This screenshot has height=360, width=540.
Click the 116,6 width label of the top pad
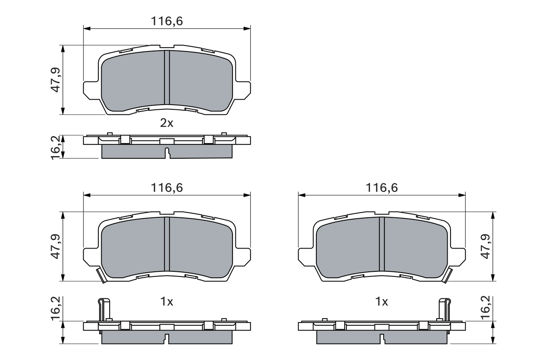click(167, 21)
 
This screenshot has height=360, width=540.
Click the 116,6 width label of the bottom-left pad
click(167, 188)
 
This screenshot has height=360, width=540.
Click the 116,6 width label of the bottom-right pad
click(382, 188)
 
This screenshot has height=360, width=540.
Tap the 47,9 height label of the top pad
click(55, 80)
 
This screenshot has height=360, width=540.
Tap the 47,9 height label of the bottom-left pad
click(55, 246)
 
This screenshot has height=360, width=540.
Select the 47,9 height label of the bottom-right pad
click(486, 246)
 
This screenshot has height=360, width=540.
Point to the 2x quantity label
click(167, 123)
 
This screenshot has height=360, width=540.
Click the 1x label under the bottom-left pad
click(167, 302)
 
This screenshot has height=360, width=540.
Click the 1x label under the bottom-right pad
click(382, 302)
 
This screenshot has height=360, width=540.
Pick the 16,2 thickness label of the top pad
click(55, 148)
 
